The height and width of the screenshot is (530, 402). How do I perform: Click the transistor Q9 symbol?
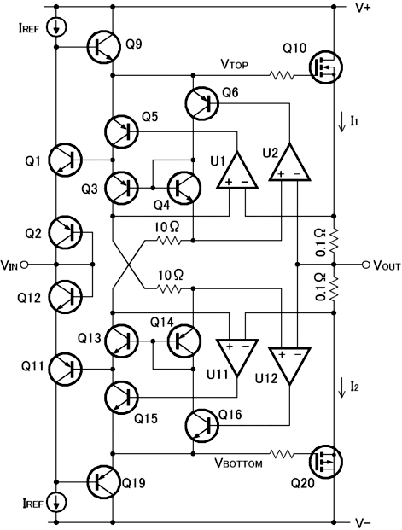pyautogui.click(x=104, y=47)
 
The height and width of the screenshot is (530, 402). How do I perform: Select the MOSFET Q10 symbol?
pyautogui.click(x=326, y=67)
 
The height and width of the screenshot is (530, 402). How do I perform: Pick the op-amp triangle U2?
pyautogui.click(x=289, y=161)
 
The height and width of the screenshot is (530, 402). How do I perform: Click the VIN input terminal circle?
pyautogui.click(x=24, y=265)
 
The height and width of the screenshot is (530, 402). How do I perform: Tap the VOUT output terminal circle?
pyautogui.click(x=365, y=265)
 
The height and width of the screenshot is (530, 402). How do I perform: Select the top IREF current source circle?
pyautogui.click(x=55, y=27)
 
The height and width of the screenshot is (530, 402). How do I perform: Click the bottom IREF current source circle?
pyautogui.click(x=55, y=503)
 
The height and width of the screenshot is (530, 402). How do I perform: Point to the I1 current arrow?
pyautogui.click(x=342, y=122)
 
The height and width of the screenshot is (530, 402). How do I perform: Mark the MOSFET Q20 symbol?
pyautogui.click(x=326, y=462)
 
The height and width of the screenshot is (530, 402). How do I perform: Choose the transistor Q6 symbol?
pyautogui.click(x=202, y=103)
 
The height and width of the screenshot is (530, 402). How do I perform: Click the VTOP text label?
pyautogui.click(x=235, y=64)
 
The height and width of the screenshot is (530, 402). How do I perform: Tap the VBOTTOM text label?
pyautogui.click(x=238, y=463)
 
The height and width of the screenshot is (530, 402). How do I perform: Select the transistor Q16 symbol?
pyautogui.click(x=202, y=425)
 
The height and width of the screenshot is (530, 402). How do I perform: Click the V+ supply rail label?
pyautogui.click(x=363, y=8)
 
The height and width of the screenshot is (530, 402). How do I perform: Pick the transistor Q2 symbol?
pyautogui.click(x=66, y=232)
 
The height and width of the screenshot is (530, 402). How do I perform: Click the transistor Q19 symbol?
pyautogui.click(x=104, y=481)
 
